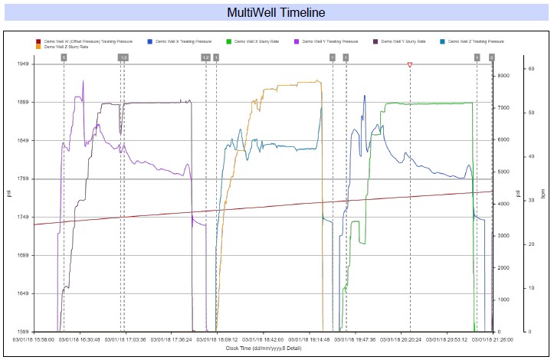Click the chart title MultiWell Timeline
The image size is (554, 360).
pyautogui.click(x=277, y=12)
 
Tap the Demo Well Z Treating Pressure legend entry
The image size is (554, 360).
pyautogui.click(x=476, y=41)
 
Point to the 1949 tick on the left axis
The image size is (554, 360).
pyautogui.click(x=23, y=64)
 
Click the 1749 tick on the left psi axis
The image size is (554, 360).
pyautogui.click(x=23, y=218)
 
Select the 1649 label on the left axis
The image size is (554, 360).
pyautogui.click(x=23, y=294)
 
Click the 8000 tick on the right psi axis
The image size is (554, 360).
pyautogui.click(x=504, y=75)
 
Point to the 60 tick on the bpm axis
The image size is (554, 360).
pyautogui.click(x=530, y=69)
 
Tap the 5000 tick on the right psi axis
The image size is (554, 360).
pyautogui.click(x=504, y=172)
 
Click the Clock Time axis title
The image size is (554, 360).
pyautogui.click(x=263, y=348)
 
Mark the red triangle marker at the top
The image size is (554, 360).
pyautogui.click(x=410, y=65)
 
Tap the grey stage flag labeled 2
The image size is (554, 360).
pyautogui.click(x=492, y=57)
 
